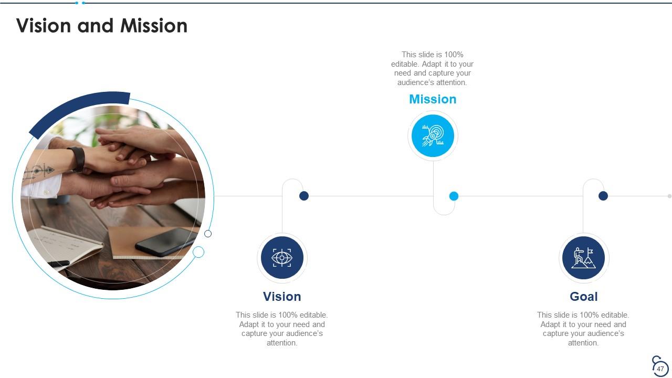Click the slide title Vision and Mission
102,26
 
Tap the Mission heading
433,99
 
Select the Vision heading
282,297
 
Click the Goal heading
583,297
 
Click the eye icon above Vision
282,258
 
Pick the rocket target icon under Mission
433,136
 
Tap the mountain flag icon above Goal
583,258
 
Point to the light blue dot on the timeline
454,196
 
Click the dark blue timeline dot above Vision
303,196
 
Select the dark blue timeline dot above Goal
603,196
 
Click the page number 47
660,369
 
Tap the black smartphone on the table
165,242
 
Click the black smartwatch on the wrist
77,159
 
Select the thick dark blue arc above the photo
79,110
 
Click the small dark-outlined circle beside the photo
208,234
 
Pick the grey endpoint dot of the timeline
669,196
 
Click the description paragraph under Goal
583,329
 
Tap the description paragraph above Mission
432,68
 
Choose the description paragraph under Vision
282,329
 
